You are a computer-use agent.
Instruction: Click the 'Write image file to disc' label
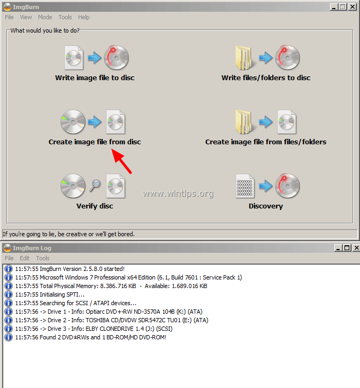[95, 78]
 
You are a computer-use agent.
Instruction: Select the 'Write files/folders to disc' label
[266, 78]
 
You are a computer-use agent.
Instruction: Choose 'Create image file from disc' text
[95, 142]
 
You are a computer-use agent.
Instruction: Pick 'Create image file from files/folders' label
[266, 142]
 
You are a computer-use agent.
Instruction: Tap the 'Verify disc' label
[95, 206]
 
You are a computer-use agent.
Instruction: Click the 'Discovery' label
[266, 206]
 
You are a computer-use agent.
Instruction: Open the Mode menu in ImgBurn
[45, 17]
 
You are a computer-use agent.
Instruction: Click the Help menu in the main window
[84, 17]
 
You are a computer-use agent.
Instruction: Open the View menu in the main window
[26, 17]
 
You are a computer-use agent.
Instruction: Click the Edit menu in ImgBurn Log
[25, 258]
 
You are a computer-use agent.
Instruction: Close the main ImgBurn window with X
[353, 6]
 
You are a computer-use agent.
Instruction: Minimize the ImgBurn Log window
[338, 248]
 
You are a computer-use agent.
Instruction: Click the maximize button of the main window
[343, 6]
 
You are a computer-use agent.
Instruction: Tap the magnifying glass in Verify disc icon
[96, 185]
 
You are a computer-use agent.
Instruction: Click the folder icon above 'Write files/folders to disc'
[244, 58]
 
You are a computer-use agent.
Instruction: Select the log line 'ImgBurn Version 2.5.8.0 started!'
[70, 269]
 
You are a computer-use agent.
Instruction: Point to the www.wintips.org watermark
[178, 193]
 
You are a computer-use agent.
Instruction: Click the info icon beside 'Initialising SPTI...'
[8, 294]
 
